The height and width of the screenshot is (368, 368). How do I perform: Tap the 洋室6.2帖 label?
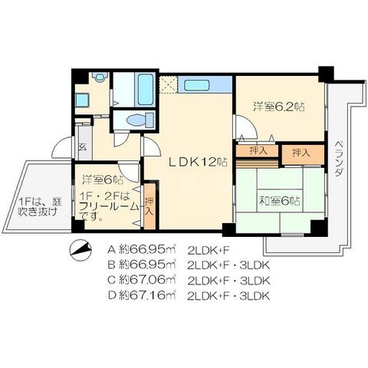(x=279, y=107)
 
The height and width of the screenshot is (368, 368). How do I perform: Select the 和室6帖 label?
(x=280, y=201)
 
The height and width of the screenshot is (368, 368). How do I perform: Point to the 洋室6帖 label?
(x=103, y=180)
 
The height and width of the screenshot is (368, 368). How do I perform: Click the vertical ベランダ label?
(x=339, y=159)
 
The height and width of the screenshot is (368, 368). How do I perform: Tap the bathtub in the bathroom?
(x=146, y=89)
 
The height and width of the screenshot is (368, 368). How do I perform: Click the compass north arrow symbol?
(x=80, y=248)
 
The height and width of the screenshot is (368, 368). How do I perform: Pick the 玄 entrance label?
(x=82, y=147)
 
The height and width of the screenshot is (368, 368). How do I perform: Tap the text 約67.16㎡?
(x=147, y=295)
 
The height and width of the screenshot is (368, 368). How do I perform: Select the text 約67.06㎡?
(x=147, y=281)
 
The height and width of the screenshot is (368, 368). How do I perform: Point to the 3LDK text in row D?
(x=255, y=296)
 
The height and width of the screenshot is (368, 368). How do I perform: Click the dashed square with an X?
(x=169, y=84)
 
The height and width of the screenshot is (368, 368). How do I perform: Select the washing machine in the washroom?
(x=82, y=100)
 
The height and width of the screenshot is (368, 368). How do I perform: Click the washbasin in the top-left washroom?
(x=99, y=77)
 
